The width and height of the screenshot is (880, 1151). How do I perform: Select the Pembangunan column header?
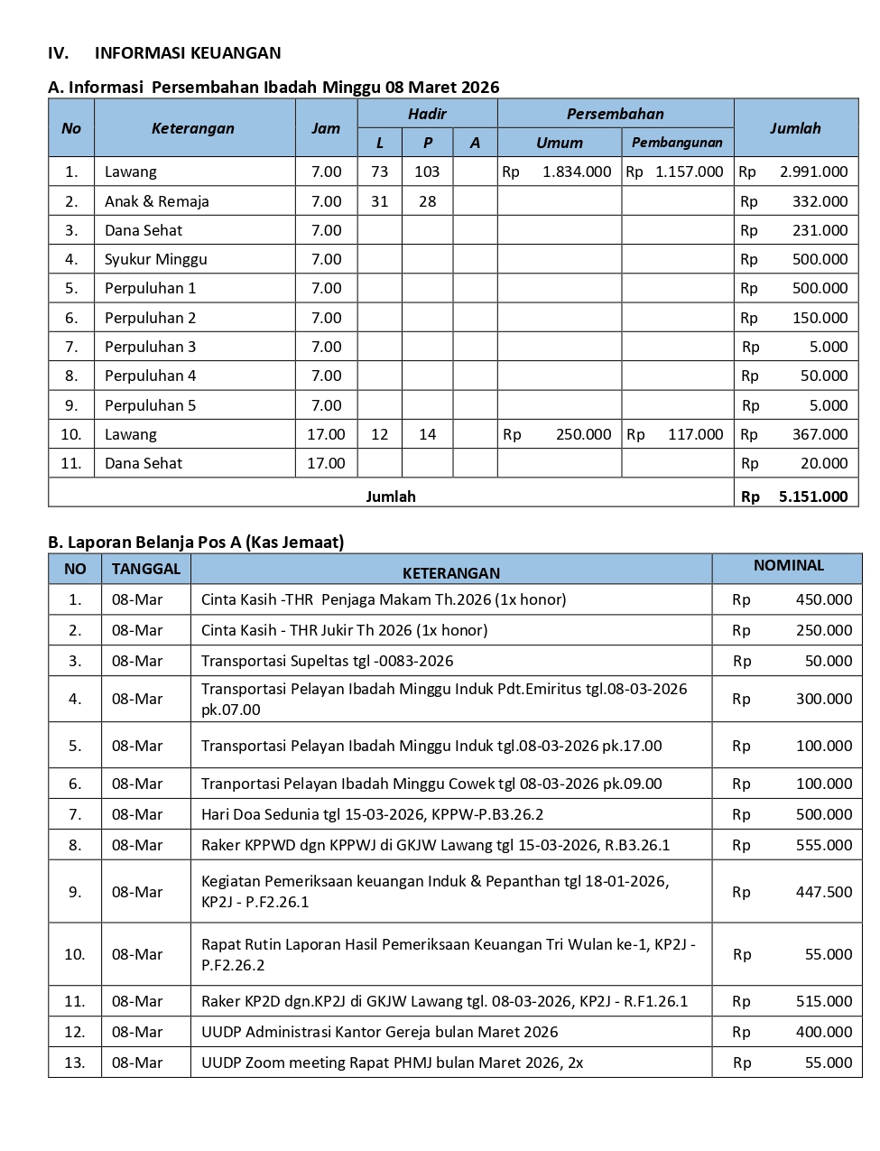click(x=677, y=143)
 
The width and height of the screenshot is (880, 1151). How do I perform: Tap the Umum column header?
click(x=560, y=143)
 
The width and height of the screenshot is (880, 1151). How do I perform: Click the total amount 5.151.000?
click(x=813, y=496)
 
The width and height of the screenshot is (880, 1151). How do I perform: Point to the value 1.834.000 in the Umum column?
click(x=577, y=172)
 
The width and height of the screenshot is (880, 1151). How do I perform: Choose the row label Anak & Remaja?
click(x=157, y=201)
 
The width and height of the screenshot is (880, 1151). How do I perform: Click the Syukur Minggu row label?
click(x=156, y=259)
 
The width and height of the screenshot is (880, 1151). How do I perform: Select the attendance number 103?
click(x=427, y=172)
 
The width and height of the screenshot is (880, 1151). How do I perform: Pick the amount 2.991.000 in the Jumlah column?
click(x=813, y=172)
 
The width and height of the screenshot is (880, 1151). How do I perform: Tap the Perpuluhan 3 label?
click(x=150, y=347)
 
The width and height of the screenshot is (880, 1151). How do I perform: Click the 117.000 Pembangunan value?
click(x=695, y=434)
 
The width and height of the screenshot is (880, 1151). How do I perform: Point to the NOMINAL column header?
click(x=789, y=566)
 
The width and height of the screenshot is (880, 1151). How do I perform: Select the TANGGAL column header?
click(x=146, y=569)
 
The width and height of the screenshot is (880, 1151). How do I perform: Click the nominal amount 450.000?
click(x=823, y=599)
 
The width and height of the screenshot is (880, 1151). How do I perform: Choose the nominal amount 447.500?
click(x=823, y=892)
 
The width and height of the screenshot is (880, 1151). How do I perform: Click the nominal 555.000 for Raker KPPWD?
click(x=823, y=845)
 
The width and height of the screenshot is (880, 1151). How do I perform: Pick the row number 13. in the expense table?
click(x=75, y=1063)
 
